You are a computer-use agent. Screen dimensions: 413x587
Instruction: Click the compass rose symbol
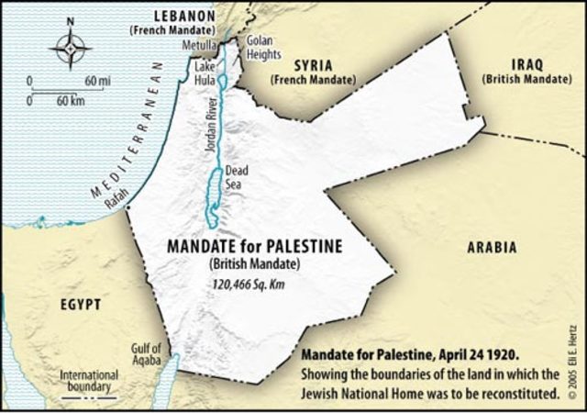[x=70, y=48]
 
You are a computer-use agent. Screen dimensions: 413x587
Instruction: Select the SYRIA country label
[x=313, y=66]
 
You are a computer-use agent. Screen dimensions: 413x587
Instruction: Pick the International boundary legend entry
[x=88, y=381]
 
